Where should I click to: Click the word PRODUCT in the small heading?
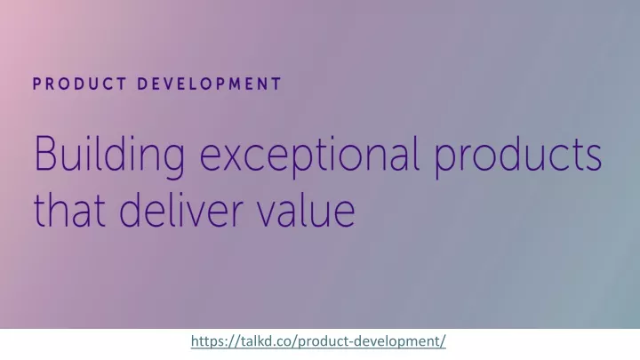(80, 84)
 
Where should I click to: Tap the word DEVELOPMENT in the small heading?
(210, 84)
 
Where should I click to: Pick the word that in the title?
(69, 209)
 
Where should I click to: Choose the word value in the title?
(306, 209)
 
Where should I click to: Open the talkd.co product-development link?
(318, 340)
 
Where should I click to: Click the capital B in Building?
(45, 153)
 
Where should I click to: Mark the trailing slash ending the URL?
(443, 340)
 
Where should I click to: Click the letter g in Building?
(173, 163)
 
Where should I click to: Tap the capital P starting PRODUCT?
(37, 84)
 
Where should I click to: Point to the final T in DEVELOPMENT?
(276, 84)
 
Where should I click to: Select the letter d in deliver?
(131, 209)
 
